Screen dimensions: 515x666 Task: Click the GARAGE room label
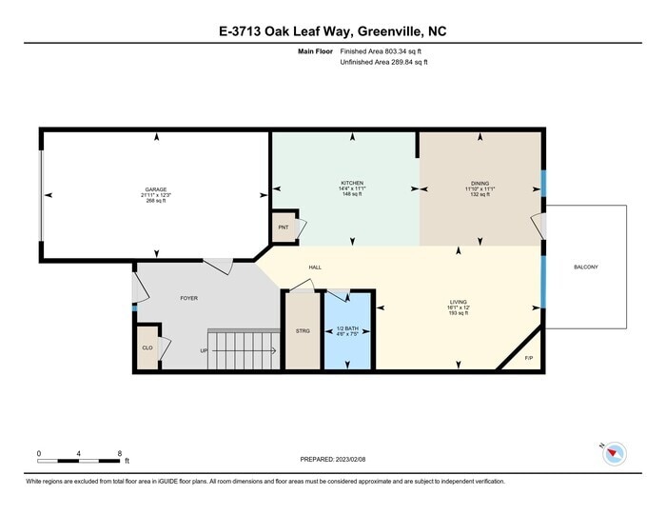[155, 189]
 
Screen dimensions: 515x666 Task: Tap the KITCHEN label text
[352, 183]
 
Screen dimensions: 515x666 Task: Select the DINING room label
[480, 183]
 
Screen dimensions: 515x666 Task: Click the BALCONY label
[586, 267]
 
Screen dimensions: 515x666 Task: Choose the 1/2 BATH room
[346, 329]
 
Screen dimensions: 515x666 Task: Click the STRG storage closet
[303, 329]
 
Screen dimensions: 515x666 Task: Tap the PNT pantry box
[284, 228]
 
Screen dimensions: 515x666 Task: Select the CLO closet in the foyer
[147, 347]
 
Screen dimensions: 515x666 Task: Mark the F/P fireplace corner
[530, 358]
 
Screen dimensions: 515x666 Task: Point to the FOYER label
[188, 298]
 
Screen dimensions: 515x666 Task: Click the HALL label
[314, 267]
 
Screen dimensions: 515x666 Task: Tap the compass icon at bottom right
[613, 455]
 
